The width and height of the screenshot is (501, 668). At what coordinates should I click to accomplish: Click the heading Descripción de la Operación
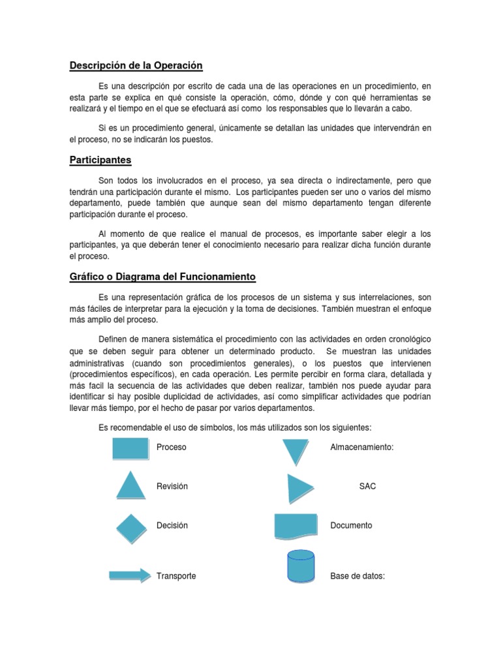[x=136, y=65]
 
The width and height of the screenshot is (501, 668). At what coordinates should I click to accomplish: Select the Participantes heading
[x=100, y=159]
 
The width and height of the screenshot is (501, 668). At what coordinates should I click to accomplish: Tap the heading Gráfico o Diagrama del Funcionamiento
[x=163, y=277]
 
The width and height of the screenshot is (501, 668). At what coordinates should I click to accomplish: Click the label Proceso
[x=172, y=448]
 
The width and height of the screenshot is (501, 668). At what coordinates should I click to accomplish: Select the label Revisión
[x=172, y=487]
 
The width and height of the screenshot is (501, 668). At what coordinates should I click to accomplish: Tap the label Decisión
[x=172, y=525]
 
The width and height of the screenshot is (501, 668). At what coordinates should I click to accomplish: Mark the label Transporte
[x=176, y=577]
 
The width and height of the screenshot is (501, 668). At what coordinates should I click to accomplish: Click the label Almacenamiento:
[x=362, y=448]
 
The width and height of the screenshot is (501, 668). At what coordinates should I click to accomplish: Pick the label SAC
[x=367, y=487]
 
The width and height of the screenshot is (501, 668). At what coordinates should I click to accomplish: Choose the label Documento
[x=351, y=525]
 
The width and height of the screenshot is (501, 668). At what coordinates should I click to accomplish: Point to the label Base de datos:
[x=358, y=577]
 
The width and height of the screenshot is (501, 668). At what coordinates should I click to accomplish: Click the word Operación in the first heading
[x=178, y=65]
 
